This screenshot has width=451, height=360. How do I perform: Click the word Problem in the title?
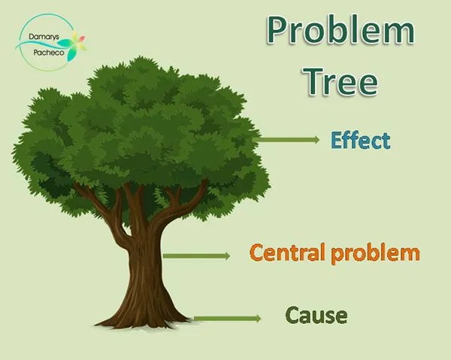(x=341, y=30)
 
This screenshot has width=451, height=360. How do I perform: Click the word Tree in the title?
(x=341, y=81)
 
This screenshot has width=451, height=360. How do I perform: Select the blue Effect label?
(x=360, y=141)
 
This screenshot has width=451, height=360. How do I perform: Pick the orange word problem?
(x=375, y=253)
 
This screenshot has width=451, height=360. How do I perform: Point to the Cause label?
(x=316, y=316)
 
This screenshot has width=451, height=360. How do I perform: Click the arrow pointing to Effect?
(x=286, y=140)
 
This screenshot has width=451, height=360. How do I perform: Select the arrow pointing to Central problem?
(x=196, y=256)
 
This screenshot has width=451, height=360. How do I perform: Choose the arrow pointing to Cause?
(x=227, y=319)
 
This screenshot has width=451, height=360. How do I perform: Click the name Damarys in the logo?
(x=40, y=37)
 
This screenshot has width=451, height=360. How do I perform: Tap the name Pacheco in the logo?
(x=49, y=53)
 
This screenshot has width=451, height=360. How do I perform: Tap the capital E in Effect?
(x=337, y=140)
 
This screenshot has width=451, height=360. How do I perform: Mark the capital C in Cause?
(x=293, y=315)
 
